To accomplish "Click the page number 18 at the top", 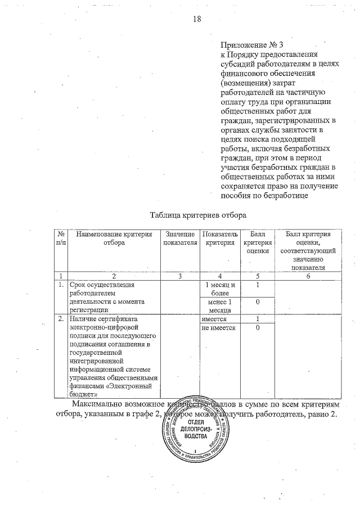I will point(197,19).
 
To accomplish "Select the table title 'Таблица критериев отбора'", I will point(198,215).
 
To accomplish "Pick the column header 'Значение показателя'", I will point(180,237).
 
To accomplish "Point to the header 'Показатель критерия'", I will point(220,237).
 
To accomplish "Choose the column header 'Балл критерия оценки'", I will point(257,242).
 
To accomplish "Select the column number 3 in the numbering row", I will point(180,276).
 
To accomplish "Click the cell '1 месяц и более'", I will point(220,289).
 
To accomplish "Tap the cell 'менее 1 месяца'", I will point(220,306).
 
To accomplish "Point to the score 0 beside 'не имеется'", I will point(257,327).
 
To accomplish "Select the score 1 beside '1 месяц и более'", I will point(257,285).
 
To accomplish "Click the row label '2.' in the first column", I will point(61,319).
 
